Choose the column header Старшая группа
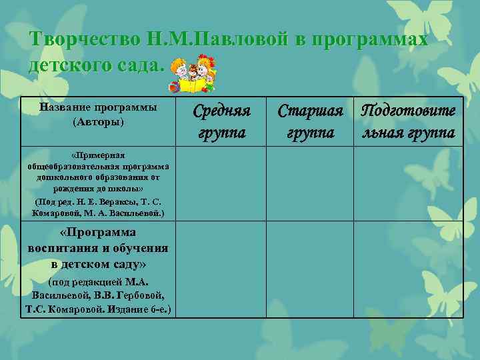coord(310,121)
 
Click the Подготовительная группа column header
coord(408,121)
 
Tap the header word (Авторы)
coord(98,123)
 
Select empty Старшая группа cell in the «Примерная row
coord(310,183)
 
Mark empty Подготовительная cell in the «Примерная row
coord(408,183)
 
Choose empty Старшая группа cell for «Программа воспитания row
coord(310,270)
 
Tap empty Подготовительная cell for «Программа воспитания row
coord(408,270)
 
